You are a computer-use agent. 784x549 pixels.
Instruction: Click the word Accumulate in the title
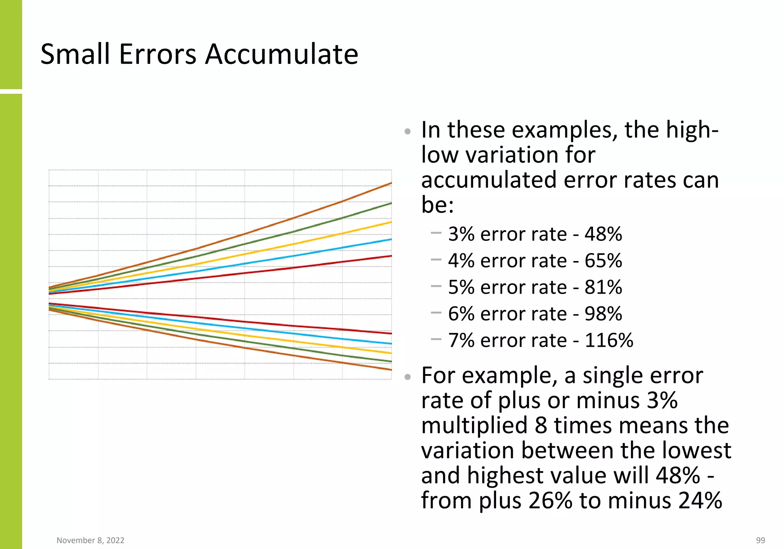coord(281,54)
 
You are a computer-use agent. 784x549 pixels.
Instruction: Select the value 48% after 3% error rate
coord(603,234)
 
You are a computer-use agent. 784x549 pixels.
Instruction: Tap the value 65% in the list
coord(603,261)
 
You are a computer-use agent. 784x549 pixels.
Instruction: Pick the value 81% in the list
coord(603,287)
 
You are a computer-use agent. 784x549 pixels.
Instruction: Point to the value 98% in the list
coord(603,314)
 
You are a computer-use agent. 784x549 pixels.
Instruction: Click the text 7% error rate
coord(507,340)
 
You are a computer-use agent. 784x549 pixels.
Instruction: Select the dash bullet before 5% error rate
coord(436,286)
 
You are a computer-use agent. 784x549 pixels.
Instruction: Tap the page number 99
coord(760,540)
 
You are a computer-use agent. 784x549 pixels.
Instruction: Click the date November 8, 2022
coord(90,540)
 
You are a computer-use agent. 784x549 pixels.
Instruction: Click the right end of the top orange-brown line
coord(390,183)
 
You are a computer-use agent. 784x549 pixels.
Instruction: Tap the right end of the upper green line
coord(390,203)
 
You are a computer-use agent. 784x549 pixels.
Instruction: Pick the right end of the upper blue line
coord(390,240)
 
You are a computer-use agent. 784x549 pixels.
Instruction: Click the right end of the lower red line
coord(390,333)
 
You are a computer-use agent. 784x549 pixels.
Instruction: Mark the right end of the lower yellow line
coord(390,353)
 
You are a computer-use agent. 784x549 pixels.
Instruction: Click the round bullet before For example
coord(408,377)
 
